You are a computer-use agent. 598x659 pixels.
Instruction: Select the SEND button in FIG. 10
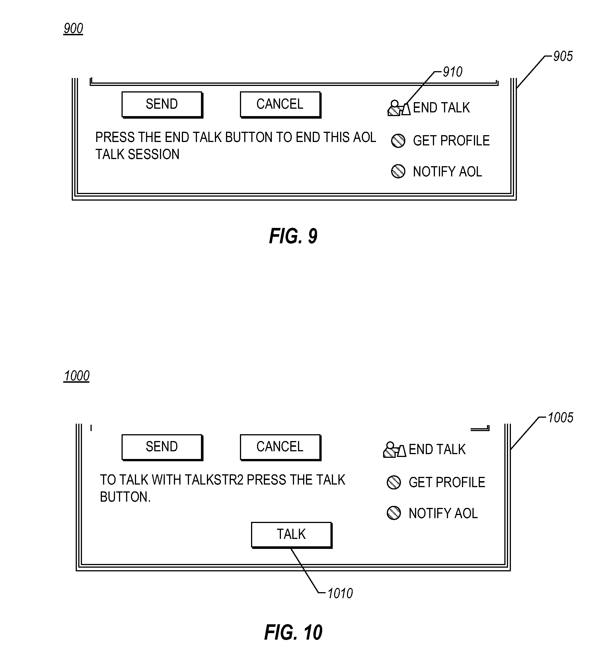point(162,447)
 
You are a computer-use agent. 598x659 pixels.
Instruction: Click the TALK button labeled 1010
point(292,535)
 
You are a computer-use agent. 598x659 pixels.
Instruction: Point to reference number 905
point(563,56)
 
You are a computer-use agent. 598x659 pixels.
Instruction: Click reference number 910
point(453,72)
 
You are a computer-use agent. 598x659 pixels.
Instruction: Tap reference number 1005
point(560,417)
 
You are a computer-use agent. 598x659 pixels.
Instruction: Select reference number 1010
point(340,593)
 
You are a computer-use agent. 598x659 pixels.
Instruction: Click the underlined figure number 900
point(73,28)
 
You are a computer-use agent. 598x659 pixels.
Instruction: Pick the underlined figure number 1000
point(77,376)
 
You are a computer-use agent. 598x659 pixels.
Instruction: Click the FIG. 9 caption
point(293,236)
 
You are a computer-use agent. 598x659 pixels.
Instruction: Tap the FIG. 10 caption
point(293,632)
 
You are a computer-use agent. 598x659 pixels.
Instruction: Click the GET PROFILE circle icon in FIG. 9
point(398,141)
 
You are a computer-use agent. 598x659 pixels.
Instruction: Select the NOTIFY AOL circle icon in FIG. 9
point(398,171)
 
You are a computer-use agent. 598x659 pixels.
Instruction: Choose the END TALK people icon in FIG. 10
point(394,450)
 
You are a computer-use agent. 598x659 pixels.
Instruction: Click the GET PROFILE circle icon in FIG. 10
point(394,483)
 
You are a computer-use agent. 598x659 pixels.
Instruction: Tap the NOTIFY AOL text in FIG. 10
point(443,514)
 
